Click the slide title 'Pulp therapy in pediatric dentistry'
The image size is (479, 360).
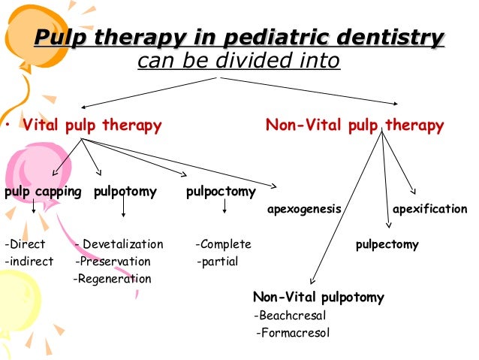click(x=239, y=37)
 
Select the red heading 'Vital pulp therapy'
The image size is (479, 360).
click(x=92, y=126)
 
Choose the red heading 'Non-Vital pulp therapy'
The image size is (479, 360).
click(x=354, y=126)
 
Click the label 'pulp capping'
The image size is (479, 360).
click(x=43, y=192)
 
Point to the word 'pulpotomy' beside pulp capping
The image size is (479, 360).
click(x=125, y=192)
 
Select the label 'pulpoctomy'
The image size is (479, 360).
click(x=221, y=192)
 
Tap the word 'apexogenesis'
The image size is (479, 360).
click(x=304, y=208)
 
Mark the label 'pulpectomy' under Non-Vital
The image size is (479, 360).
click(x=387, y=244)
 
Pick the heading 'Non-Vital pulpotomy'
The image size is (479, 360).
click(x=318, y=298)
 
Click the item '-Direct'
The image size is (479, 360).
click(x=25, y=244)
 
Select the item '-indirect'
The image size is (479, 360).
click(x=29, y=262)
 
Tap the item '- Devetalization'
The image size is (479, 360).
click(x=119, y=244)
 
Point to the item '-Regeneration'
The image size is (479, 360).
click(x=112, y=279)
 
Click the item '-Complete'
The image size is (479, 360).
click(x=223, y=244)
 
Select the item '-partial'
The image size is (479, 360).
click(x=217, y=262)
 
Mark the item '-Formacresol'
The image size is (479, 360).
click(x=293, y=333)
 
